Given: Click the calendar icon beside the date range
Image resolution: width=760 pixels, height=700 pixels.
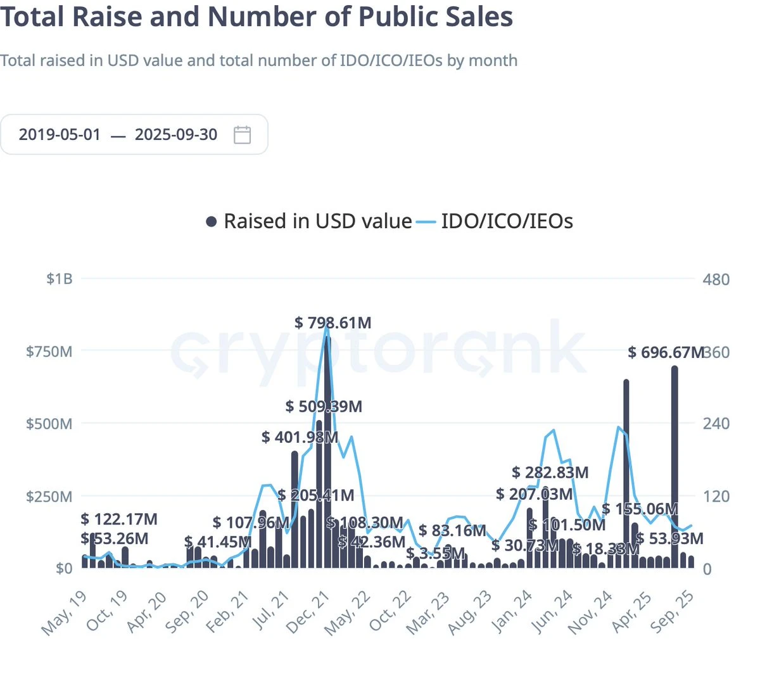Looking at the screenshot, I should pos(243,135).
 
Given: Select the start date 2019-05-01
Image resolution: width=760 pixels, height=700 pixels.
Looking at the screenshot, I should pos(60,135).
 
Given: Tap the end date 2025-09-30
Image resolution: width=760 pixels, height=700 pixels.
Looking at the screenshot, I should pos(176,135).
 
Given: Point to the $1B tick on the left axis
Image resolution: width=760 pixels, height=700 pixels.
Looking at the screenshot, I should pos(60,279).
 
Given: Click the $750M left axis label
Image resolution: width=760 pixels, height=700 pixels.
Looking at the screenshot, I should pos(49,352).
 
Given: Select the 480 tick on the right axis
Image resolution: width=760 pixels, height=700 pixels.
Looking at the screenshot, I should pos(716,279).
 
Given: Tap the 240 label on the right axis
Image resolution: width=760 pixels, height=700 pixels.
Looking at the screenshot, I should pos(716,423).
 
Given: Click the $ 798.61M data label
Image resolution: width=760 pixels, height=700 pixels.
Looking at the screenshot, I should pos(333,323).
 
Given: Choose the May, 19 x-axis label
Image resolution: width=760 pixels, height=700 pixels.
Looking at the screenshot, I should pos(64,613).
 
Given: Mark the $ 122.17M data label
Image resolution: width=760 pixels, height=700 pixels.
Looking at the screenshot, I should pos(119,519).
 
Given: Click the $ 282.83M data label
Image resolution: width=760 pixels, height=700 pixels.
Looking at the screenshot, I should pos(550,473).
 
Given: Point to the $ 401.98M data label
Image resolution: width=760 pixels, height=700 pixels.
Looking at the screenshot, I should pos(300,437).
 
